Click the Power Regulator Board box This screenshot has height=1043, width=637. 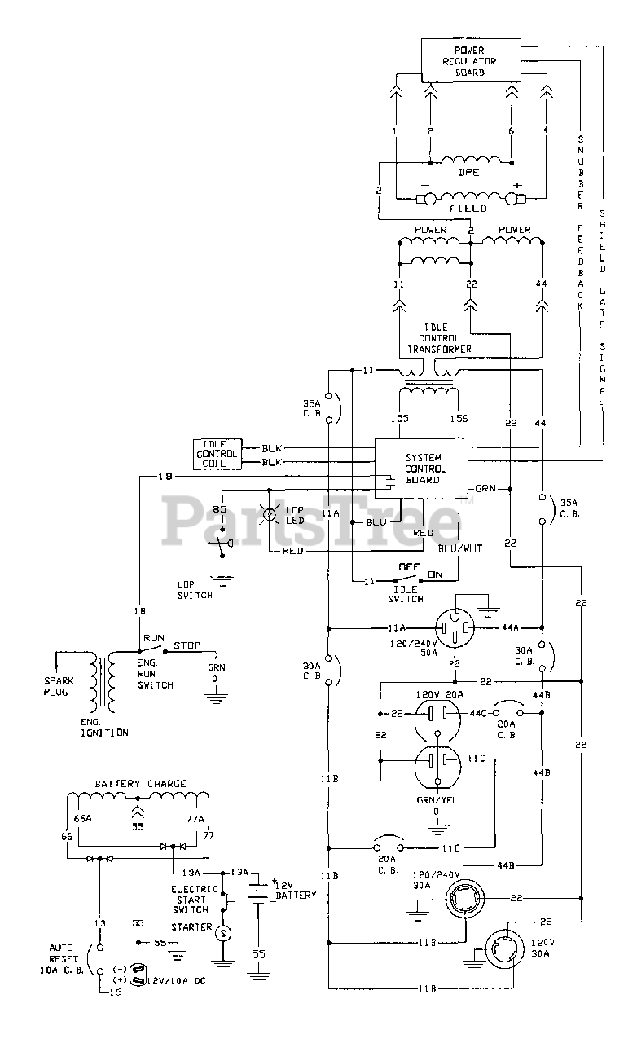469,60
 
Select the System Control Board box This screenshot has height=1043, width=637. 421,469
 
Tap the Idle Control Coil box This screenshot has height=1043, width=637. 218,453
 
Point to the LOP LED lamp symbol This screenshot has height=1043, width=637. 268,514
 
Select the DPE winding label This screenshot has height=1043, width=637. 468,173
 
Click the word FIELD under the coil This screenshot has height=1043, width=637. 468,208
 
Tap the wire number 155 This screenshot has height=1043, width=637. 400,418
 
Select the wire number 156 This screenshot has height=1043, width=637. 459,418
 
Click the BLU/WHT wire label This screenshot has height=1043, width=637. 460,548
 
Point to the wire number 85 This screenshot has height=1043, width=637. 220,510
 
